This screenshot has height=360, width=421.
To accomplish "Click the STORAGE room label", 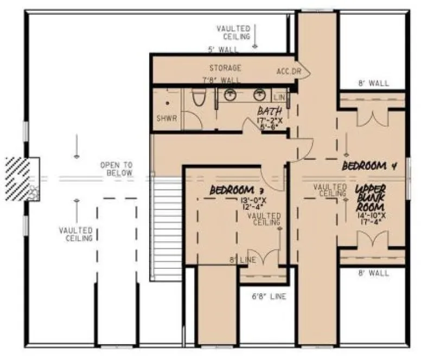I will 225,68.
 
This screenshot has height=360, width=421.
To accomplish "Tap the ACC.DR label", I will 285,72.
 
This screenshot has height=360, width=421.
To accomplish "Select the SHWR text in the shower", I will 164,118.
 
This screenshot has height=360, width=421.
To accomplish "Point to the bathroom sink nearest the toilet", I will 229,96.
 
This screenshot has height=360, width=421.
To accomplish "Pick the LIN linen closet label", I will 279,97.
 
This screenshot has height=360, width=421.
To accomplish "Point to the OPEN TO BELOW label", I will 116,169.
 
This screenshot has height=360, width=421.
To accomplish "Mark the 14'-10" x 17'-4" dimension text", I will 371,218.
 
